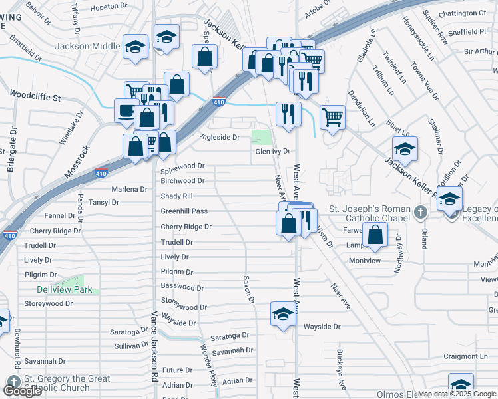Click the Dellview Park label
point(64,289)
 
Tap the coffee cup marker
point(126,111)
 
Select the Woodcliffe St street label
point(35,97)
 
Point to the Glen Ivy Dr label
point(273,151)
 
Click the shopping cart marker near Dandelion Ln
point(332,118)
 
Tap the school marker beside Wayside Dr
point(283,314)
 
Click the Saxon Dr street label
point(249,290)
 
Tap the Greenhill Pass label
point(184,211)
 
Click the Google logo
point(23,391)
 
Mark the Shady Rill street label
point(177,196)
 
